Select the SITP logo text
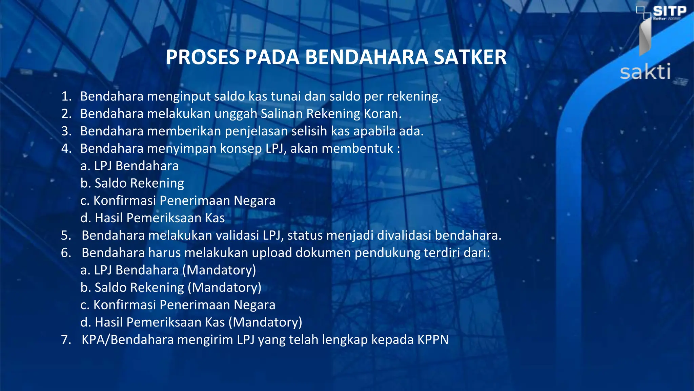[x=669, y=11]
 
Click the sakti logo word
[x=645, y=72]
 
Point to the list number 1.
[x=66, y=96]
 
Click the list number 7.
[x=66, y=339]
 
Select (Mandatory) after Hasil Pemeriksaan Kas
[x=265, y=322]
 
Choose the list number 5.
[x=66, y=235]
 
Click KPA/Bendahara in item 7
[x=127, y=339]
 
